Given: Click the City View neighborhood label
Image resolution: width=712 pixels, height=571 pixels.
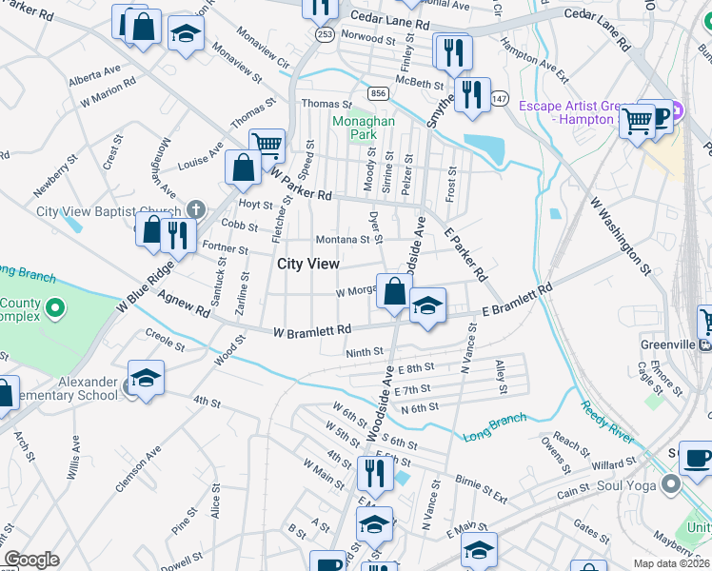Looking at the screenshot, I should [304, 264].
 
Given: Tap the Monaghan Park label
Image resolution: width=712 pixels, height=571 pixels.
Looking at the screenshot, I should [355, 128].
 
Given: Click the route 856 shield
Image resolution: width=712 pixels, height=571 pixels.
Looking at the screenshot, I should [379, 93].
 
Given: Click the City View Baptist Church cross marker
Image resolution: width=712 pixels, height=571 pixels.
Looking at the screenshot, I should [195, 209].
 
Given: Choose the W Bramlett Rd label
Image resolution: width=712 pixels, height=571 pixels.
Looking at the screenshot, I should [312, 330].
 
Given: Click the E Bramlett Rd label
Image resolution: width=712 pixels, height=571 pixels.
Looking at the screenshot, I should [517, 304].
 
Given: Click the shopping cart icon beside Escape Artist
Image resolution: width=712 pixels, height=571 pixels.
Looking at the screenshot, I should [636, 121].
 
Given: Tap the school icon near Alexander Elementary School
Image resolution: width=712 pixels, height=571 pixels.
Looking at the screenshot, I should [147, 379].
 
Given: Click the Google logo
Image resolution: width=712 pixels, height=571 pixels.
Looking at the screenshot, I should [31, 560].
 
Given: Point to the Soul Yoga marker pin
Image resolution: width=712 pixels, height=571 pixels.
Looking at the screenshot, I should [672, 485].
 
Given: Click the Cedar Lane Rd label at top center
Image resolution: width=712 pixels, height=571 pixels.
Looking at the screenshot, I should [390, 18].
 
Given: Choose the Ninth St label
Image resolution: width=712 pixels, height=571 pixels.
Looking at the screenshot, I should [364, 351].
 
